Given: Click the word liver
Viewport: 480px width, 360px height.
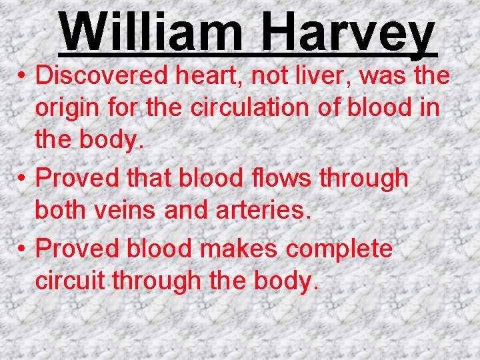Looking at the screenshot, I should click(x=325, y=75).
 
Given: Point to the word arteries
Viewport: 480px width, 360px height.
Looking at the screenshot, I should click(x=263, y=211).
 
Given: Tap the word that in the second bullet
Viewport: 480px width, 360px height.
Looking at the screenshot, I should click(x=145, y=178).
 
